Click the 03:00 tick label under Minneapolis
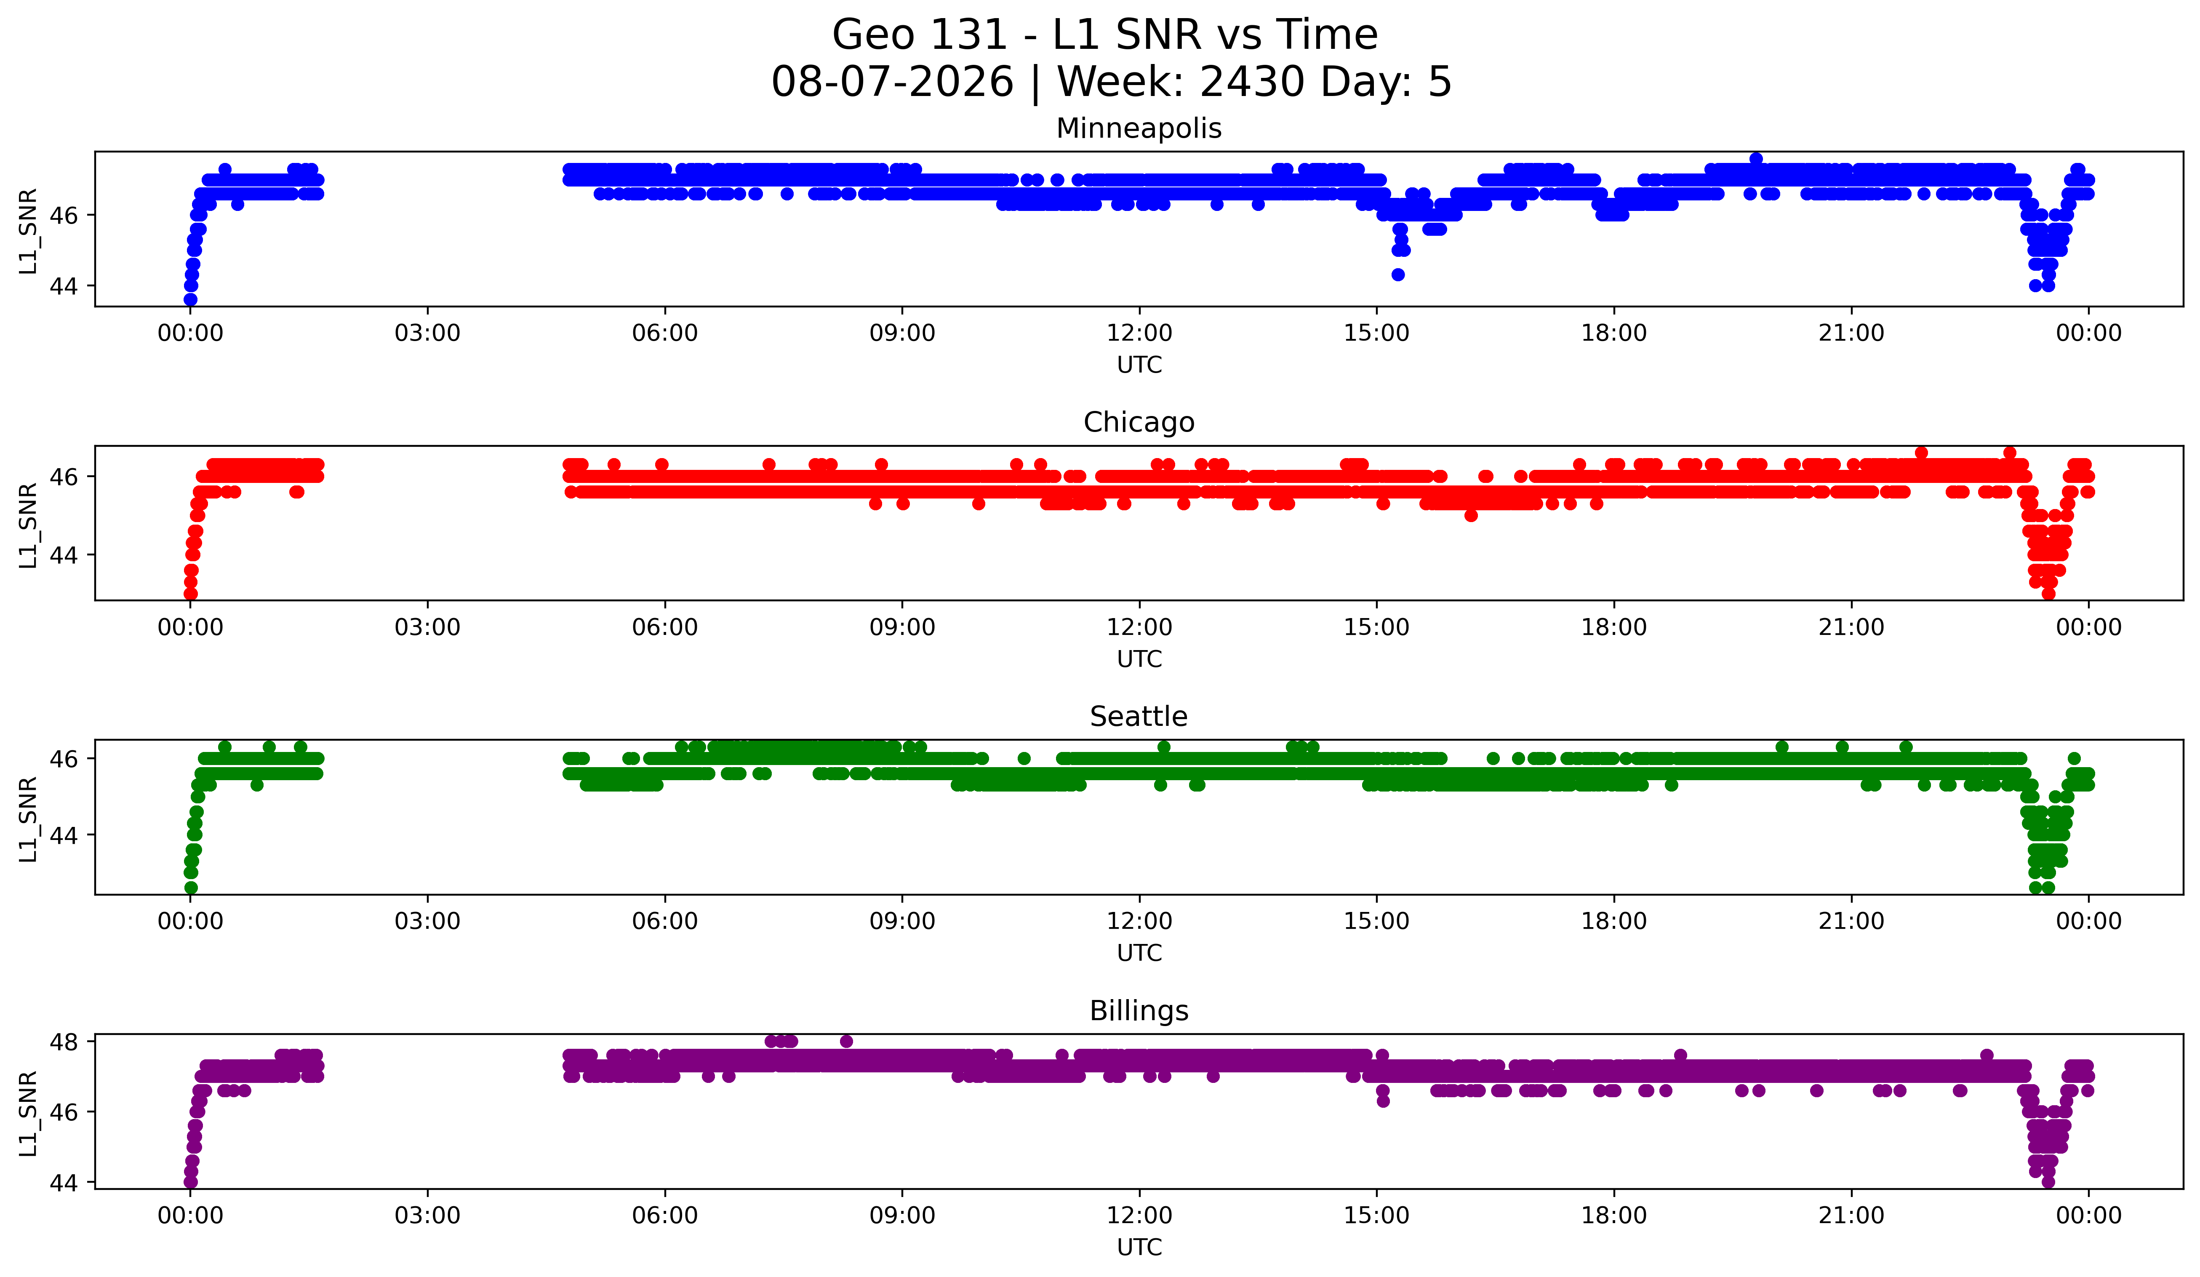point(428,333)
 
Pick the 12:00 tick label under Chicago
point(1139,628)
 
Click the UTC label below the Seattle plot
point(1139,953)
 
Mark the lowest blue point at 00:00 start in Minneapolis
point(190,299)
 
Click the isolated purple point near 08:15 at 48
point(846,1041)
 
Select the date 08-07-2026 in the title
point(892,82)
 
